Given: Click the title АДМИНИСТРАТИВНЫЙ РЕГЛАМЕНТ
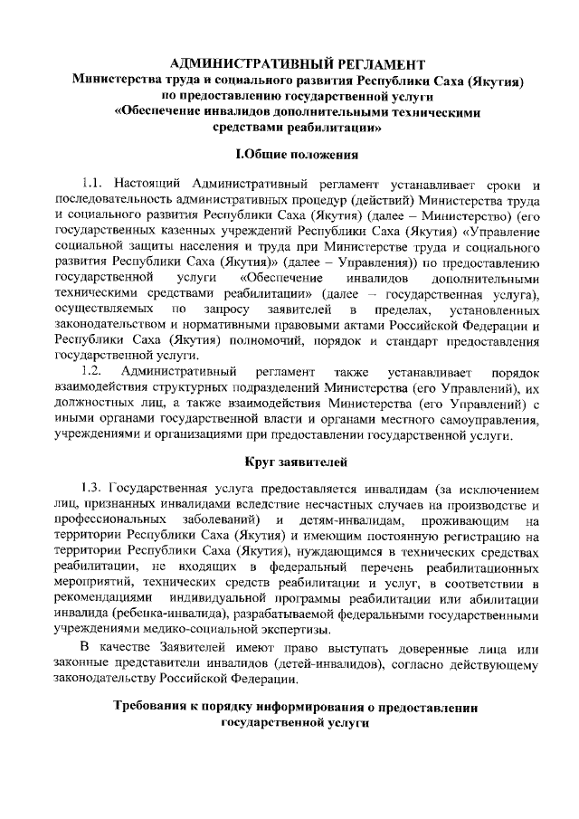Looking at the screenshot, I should (299, 64).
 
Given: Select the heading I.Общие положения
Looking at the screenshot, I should (298, 154).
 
